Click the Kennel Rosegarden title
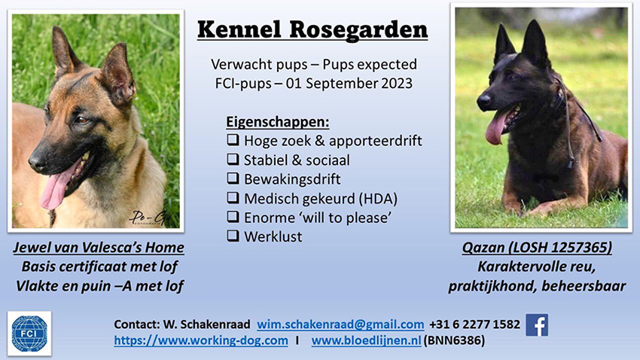312,30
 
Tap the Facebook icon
537,325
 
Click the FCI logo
29,334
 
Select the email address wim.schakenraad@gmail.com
340,325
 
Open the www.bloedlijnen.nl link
366,340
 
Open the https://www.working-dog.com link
201,340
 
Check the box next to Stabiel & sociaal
233,159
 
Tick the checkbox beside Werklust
233,236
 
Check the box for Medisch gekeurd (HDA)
233,197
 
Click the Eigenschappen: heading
278,122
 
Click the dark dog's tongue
495,128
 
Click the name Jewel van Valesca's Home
99,247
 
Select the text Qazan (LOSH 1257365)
537,247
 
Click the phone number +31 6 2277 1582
474,325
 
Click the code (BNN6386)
454,340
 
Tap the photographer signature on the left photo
150,217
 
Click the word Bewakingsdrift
292,179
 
